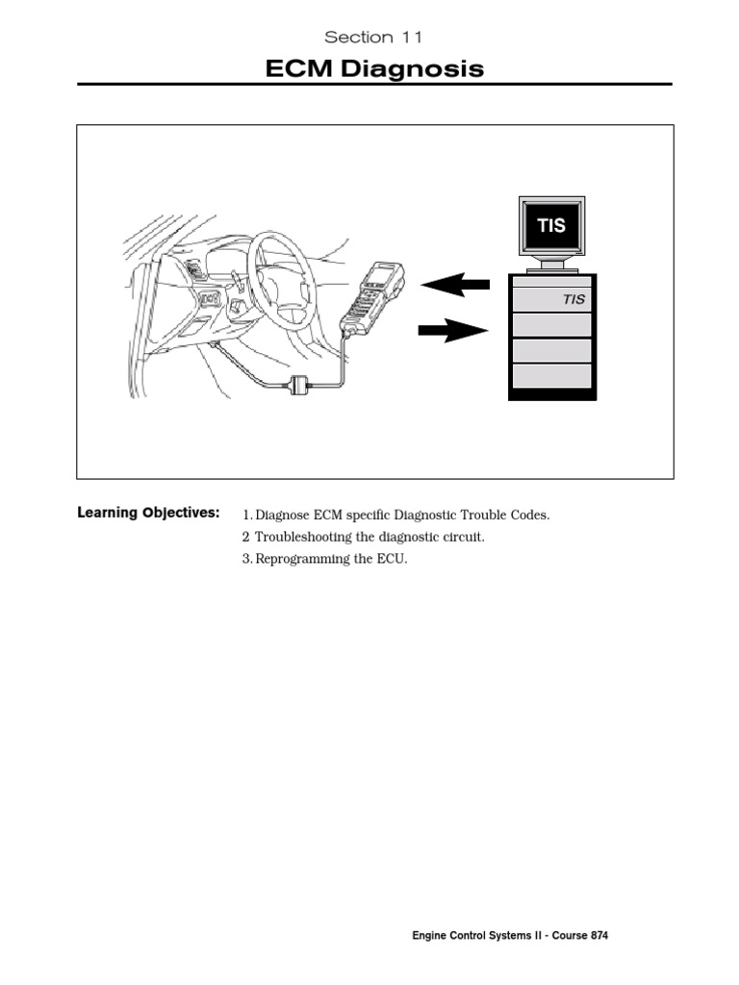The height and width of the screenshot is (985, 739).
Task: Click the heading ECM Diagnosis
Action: pos(374,68)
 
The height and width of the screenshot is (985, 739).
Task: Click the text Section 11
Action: pos(373,38)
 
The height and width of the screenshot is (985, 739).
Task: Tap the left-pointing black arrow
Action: pos(455,285)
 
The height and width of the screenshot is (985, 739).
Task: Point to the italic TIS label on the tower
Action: pos(573,299)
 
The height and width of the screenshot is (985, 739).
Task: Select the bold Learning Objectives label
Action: pos(148,513)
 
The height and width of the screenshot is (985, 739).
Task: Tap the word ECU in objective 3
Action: pos(395,560)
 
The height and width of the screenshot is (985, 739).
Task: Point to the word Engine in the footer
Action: pos(430,936)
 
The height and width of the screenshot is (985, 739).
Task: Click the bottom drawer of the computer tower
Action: pos(551,375)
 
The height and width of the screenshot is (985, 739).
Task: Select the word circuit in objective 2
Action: pos(462,537)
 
